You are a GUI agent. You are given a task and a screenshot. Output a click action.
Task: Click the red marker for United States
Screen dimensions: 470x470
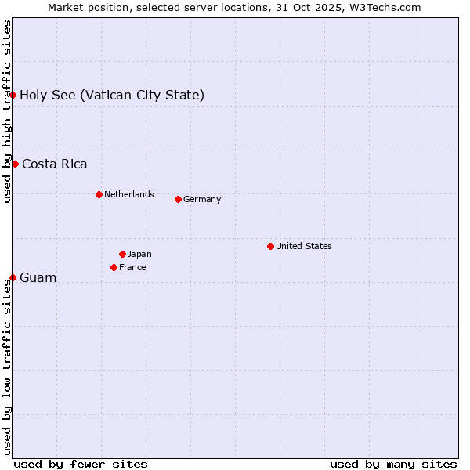click(270, 246)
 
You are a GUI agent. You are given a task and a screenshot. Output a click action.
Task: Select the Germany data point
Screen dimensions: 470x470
click(178, 199)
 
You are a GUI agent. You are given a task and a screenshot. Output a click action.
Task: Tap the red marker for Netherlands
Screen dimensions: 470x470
click(99, 194)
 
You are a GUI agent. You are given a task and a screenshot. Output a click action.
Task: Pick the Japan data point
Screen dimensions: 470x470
click(122, 254)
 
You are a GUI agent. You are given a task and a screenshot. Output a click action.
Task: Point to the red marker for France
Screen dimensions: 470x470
click(114, 267)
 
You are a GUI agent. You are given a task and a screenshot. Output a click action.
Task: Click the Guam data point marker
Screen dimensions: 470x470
click(13, 277)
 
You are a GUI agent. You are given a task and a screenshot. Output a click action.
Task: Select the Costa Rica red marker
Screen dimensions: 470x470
click(15, 164)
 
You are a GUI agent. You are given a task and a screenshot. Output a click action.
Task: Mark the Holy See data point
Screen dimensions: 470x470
click(13, 95)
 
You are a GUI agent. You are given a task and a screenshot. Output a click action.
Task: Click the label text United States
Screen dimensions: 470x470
click(304, 246)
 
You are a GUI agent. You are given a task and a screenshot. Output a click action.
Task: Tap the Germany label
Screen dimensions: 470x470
click(202, 199)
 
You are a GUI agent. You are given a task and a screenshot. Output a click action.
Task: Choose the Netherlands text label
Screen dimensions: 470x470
click(129, 194)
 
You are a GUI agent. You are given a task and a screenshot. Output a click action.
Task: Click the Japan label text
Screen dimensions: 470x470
click(139, 254)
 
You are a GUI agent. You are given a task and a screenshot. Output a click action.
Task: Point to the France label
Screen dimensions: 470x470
click(132, 267)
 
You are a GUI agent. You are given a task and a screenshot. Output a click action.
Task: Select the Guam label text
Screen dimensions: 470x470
click(38, 277)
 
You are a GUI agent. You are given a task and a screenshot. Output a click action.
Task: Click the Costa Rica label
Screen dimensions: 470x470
click(55, 164)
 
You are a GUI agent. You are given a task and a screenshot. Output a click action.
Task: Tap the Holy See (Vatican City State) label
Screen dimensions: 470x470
click(112, 95)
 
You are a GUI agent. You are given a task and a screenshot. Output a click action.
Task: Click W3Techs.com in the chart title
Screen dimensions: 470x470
click(384, 7)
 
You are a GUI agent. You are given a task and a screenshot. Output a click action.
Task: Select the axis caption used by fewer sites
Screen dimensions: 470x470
click(81, 464)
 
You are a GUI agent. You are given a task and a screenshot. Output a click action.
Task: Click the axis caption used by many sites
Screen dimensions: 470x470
click(393, 464)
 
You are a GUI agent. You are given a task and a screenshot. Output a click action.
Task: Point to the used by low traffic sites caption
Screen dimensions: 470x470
click(7, 367)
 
